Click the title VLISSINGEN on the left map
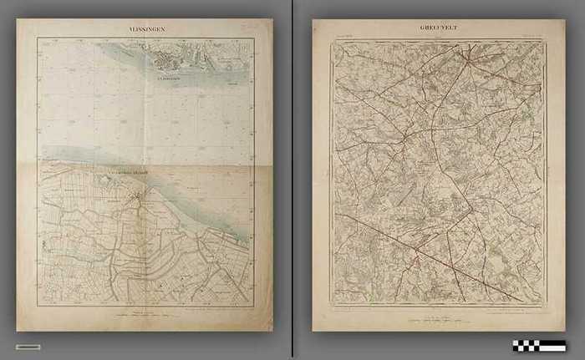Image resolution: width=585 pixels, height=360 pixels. point(147,28)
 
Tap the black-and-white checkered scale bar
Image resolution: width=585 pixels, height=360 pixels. point(539,345)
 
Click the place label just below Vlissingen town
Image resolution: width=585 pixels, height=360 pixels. point(166,78)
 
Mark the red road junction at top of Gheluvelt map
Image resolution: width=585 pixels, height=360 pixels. point(469,58)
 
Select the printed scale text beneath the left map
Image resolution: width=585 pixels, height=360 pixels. point(146,314)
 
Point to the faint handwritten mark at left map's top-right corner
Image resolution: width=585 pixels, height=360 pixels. point(247,28)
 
